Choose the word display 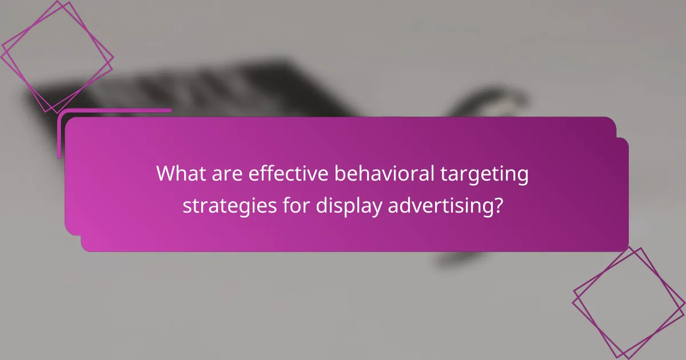click(348, 206)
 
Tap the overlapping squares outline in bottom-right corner click(629, 303)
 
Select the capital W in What click(165, 174)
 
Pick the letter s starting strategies click(187, 206)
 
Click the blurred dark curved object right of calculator click(492, 103)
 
